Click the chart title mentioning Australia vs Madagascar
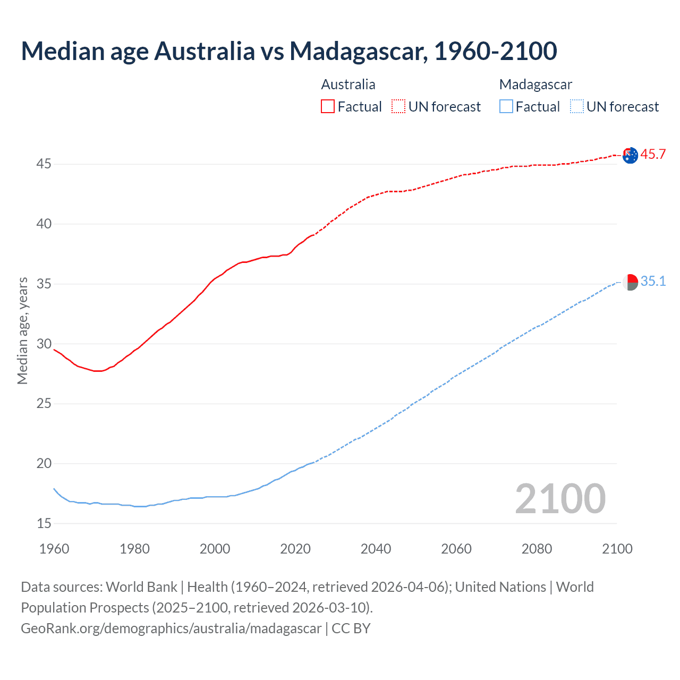289,51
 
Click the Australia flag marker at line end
630,156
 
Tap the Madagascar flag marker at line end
630,282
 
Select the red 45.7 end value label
653,155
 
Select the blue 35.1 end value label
653,281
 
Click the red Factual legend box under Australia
328,107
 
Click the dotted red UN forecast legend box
398,107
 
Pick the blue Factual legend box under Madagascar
506,107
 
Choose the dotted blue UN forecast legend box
576,107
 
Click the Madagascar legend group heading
535,84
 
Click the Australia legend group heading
348,84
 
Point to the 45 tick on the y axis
44,164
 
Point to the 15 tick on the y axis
44,524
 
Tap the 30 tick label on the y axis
44,344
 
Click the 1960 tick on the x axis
54,549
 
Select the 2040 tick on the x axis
376,549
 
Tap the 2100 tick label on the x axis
617,549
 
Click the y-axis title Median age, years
22,330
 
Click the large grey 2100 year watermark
560,498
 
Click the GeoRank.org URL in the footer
171,628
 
